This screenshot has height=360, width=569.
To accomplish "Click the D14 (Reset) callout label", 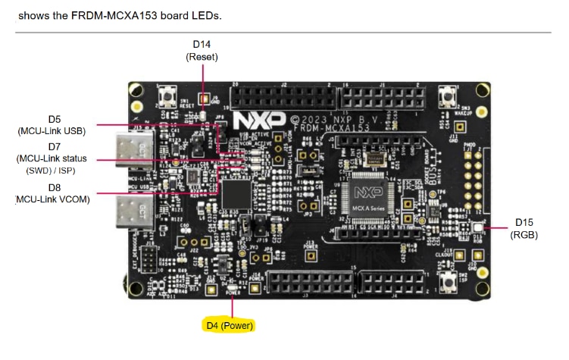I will [202, 50].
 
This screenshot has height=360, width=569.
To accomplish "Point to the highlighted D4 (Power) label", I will [230, 325].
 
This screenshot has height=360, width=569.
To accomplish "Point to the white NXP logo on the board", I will [259, 120].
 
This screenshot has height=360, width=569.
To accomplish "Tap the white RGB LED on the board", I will [478, 227].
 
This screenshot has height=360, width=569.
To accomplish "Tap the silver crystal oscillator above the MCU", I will [374, 158].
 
